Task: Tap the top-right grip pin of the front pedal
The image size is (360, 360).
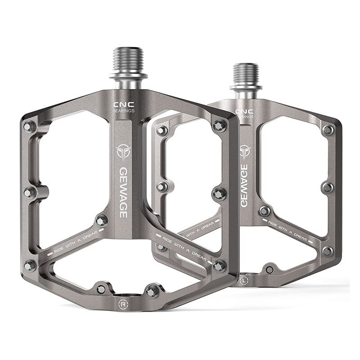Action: point(219,126)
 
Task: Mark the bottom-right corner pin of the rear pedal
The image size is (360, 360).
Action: point(328,251)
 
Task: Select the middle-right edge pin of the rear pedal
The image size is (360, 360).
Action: point(328,187)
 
